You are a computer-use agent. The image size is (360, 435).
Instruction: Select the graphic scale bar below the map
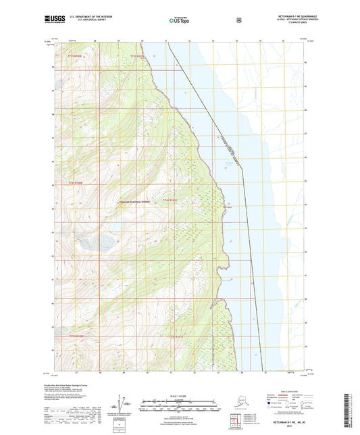[180, 406]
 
